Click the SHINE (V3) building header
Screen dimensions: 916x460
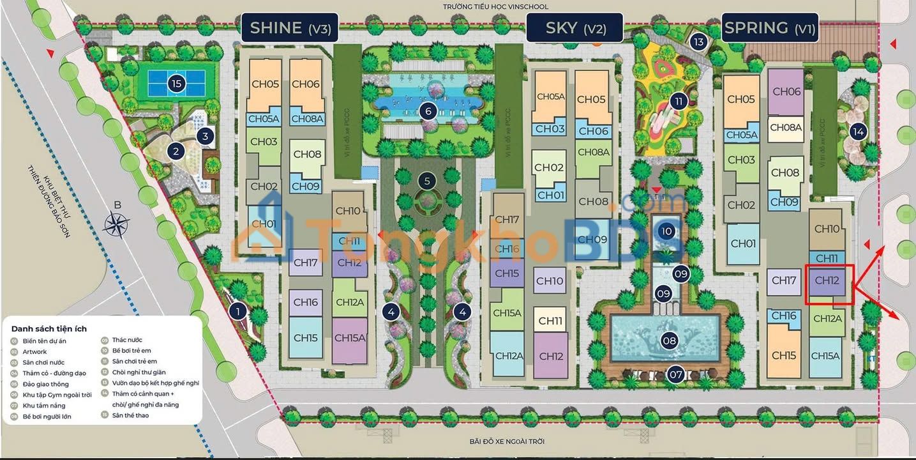(x=290, y=27)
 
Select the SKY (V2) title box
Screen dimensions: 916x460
(x=575, y=28)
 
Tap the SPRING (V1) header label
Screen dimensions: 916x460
(x=770, y=28)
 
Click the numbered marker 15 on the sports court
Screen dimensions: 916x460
(x=177, y=82)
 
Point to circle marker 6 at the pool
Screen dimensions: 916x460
(x=428, y=111)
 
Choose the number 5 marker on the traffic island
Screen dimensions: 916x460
(x=428, y=181)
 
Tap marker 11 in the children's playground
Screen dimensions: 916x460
(x=678, y=101)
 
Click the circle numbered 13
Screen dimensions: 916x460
(x=699, y=43)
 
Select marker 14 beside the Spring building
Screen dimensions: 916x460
(x=858, y=132)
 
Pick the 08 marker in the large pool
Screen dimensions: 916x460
(x=669, y=341)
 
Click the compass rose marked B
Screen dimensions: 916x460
(x=117, y=224)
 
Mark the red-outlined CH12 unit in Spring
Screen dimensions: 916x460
(x=828, y=284)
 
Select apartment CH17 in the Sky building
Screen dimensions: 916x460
(x=507, y=220)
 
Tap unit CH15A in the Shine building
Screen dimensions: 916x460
(x=349, y=338)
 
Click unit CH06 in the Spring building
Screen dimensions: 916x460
(x=786, y=91)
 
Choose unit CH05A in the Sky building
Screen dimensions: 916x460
(x=550, y=97)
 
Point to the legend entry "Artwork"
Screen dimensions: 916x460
(x=34, y=351)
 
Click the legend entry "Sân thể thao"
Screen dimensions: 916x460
(x=130, y=415)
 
